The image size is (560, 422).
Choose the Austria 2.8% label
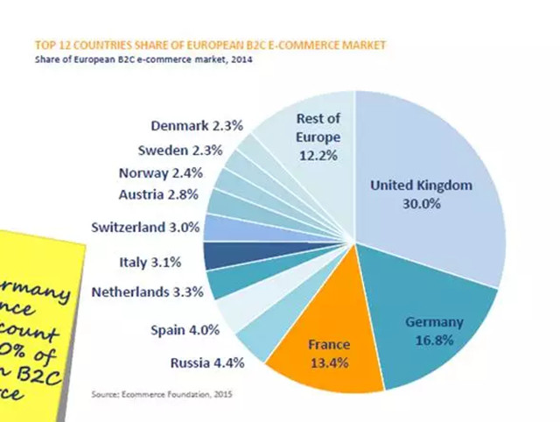158,194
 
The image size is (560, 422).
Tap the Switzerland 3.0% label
146,228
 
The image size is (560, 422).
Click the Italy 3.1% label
150,261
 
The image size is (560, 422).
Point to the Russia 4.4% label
206,362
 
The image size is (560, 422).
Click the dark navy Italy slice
216,256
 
